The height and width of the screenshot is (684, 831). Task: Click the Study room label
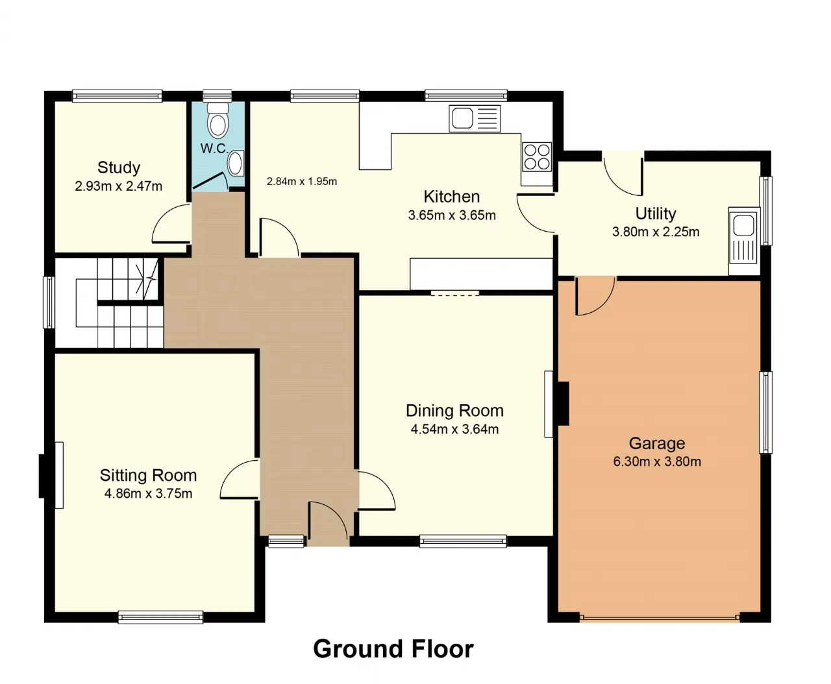point(119,168)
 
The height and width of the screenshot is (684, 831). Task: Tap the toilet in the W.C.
point(217,120)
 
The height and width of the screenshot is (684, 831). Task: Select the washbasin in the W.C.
point(236,163)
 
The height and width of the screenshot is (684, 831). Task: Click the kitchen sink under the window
point(475,118)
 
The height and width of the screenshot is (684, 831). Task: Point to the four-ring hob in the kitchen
point(537,157)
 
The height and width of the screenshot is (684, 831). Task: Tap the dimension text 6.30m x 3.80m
point(657,461)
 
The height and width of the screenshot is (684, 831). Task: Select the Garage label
point(657,443)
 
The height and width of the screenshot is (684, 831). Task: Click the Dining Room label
point(454,411)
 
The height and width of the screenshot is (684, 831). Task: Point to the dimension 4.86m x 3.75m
point(148,493)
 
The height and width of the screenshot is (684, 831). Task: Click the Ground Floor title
point(393,649)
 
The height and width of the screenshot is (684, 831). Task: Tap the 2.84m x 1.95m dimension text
point(302,182)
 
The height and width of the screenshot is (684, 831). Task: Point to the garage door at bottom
point(660,617)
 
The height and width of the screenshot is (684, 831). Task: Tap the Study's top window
point(118,96)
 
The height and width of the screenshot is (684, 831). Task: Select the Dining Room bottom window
point(464,541)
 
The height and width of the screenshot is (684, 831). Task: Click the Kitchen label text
point(452,197)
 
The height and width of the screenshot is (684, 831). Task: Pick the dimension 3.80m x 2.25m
point(656,232)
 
